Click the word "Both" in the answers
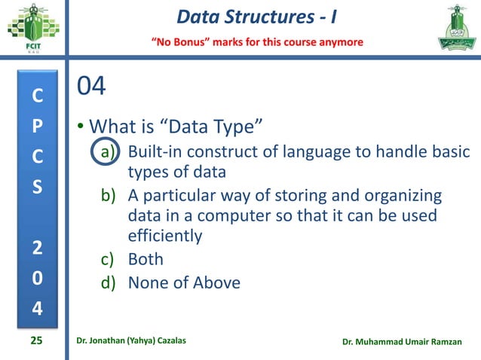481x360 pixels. [x=146, y=260]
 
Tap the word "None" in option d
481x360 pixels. [x=148, y=283]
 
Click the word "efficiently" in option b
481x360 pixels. [x=165, y=236]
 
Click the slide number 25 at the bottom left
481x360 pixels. [x=36, y=341]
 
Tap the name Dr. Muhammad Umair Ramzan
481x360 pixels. [x=407, y=342]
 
